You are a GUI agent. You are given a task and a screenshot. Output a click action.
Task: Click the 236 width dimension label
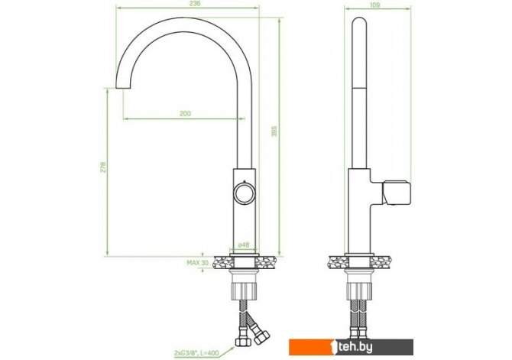coord(195,4)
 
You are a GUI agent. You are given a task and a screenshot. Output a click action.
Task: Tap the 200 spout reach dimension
coord(185,114)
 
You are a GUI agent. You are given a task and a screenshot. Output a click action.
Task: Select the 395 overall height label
coord(274,131)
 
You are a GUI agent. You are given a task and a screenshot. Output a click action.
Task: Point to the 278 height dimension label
coord(103,167)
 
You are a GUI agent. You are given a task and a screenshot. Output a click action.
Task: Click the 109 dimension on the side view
coord(375,5)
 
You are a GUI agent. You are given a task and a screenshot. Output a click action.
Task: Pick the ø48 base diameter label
coord(244,245)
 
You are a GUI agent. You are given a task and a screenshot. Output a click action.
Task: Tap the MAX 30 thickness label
coord(198,263)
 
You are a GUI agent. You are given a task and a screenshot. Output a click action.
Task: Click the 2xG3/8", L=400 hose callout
coord(196,353)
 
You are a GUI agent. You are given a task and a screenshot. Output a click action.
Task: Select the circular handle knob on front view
coord(244,193)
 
